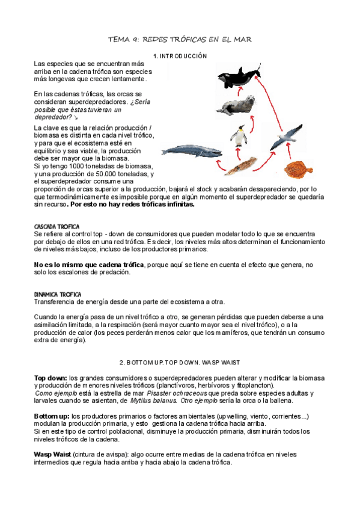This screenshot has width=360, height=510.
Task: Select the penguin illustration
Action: click(242, 137)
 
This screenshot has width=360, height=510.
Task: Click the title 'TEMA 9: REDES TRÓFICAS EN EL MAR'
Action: click(179, 39)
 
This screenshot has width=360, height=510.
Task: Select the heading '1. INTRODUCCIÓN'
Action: click(180, 56)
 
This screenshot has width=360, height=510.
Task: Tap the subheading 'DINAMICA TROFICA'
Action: click(58, 295)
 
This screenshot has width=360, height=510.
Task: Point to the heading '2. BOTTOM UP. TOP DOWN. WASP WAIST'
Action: click(180, 363)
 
